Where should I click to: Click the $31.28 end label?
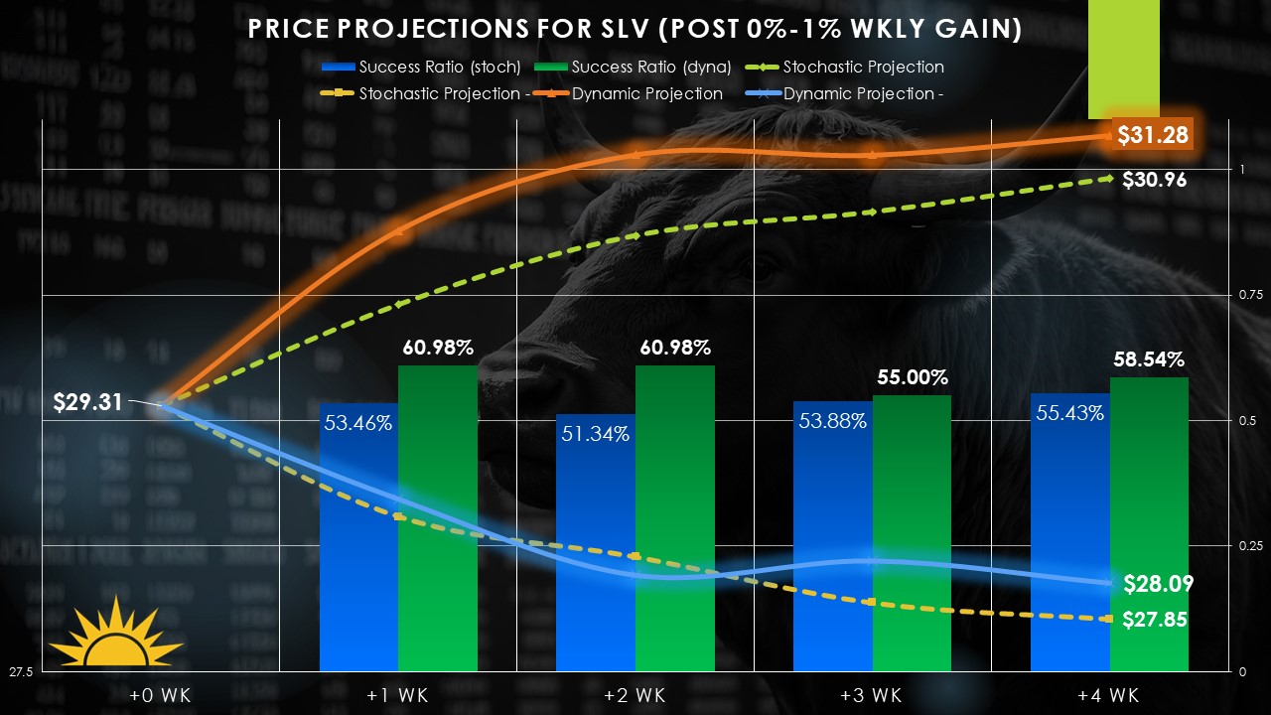click(x=1153, y=135)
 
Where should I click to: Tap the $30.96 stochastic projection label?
click(x=1154, y=180)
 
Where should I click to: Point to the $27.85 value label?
click(x=1154, y=620)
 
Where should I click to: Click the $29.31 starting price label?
click(x=89, y=402)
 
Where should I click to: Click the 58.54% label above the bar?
click(x=1148, y=359)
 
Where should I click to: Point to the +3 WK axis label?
click(x=871, y=695)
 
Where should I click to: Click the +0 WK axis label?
click(x=160, y=695)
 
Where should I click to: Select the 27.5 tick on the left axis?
click(x=21, y=672)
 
